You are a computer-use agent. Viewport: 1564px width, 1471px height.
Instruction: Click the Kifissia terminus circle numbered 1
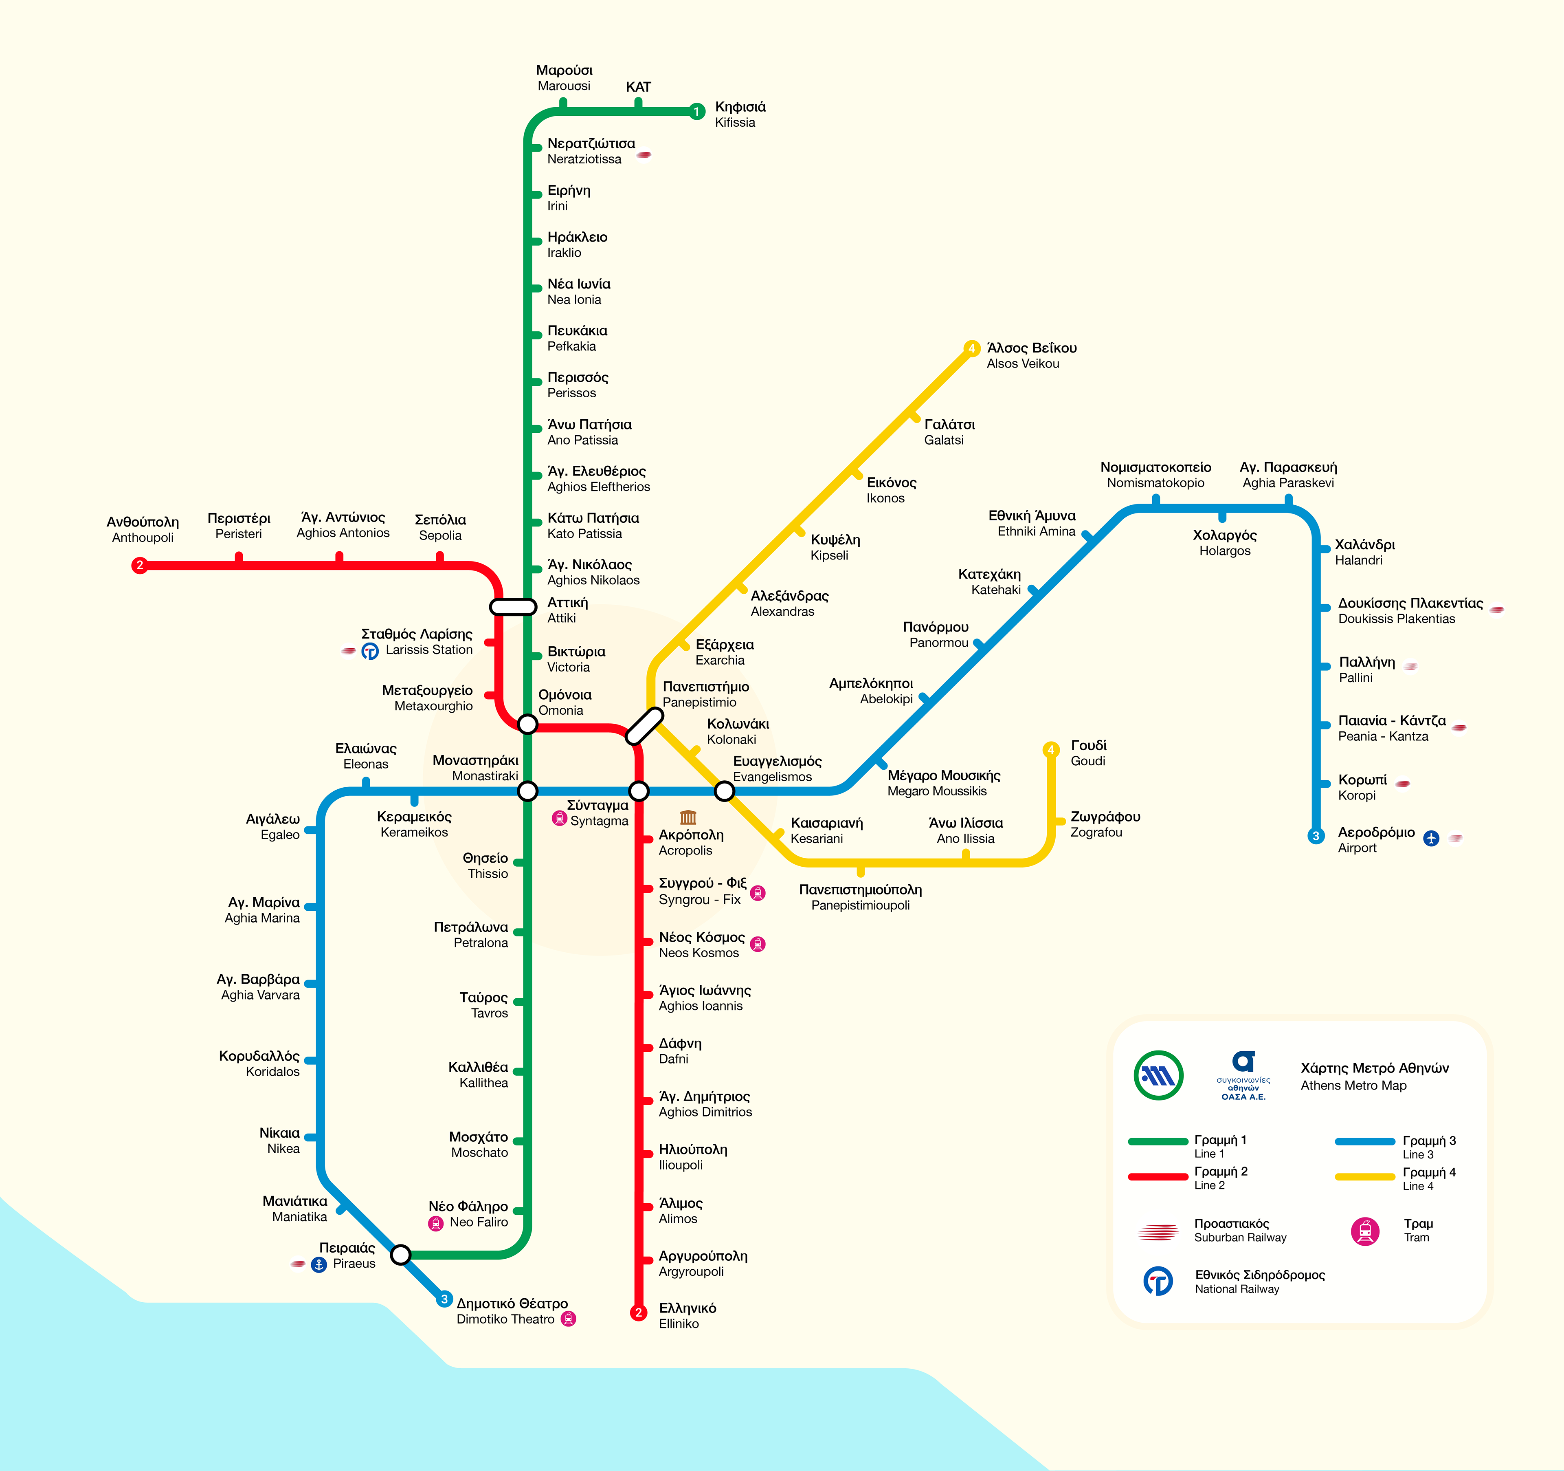point(696,112)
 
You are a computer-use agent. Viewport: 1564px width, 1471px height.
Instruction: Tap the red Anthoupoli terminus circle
point(139,565)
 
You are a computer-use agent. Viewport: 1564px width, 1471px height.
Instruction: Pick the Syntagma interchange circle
point(639,790)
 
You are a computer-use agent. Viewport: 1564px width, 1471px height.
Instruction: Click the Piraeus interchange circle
point(400,1254)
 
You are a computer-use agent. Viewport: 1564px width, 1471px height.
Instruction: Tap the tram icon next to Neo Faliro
point(435,1223)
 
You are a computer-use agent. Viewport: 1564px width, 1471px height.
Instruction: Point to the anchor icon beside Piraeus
point(319,1264)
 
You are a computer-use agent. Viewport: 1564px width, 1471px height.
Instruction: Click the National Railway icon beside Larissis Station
point(370,651)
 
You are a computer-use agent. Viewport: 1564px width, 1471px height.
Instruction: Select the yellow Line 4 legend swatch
point(1364,1177)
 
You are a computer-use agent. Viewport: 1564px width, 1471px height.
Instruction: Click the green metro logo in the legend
point(1158,1075)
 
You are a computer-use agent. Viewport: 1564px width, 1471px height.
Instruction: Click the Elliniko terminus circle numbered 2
point(639,1312)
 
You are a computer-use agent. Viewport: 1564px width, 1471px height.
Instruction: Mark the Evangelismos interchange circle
point(724,790)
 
